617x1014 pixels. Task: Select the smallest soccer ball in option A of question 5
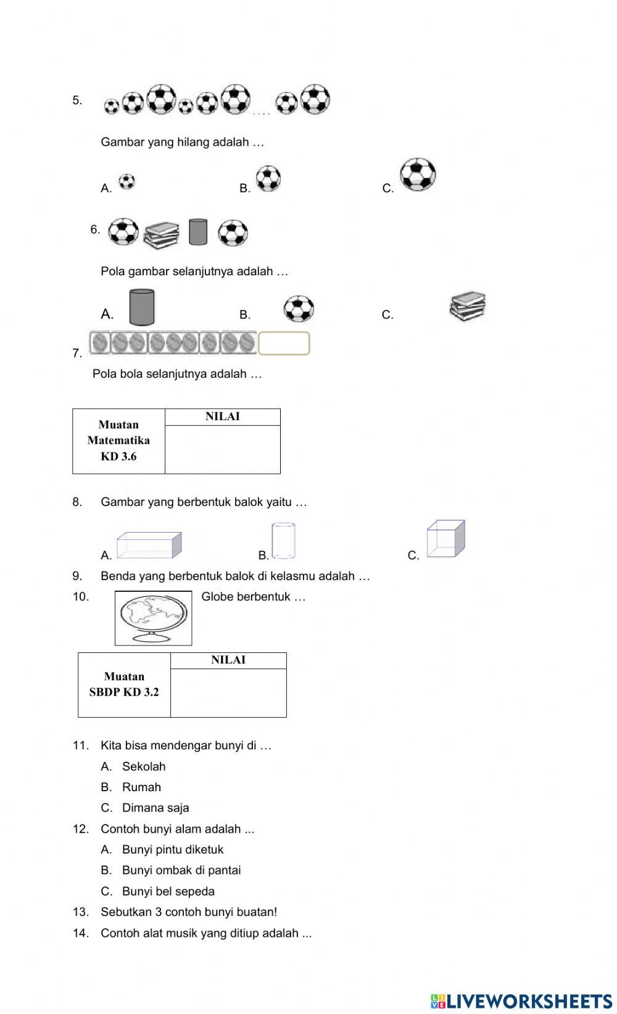pos(126,181)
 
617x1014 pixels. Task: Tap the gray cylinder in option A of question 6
pos(142,307)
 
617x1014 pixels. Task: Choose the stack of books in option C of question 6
pos(468,307)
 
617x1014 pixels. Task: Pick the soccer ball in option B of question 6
pos(299,309)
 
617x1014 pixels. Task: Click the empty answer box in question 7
pos(284,343)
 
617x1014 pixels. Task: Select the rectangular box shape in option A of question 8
pos(149,544)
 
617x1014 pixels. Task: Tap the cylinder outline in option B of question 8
pos(284,541)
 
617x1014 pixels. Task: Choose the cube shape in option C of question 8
pos(445,539)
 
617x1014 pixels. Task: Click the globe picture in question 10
pos(153,618)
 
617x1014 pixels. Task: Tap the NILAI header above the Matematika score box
pos(222,417)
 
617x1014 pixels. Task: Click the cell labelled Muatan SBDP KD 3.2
pos(124,684)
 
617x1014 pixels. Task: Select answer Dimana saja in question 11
pos(155,807)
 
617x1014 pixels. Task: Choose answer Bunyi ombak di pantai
pos(181,870)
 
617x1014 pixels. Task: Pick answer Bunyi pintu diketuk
pos(172,849)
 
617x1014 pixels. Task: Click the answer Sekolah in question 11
pos(144,767)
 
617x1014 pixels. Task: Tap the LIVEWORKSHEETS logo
pos(521,1000)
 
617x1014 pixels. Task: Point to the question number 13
pos(80,912)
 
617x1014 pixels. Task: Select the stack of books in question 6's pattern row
pos(161,235)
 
